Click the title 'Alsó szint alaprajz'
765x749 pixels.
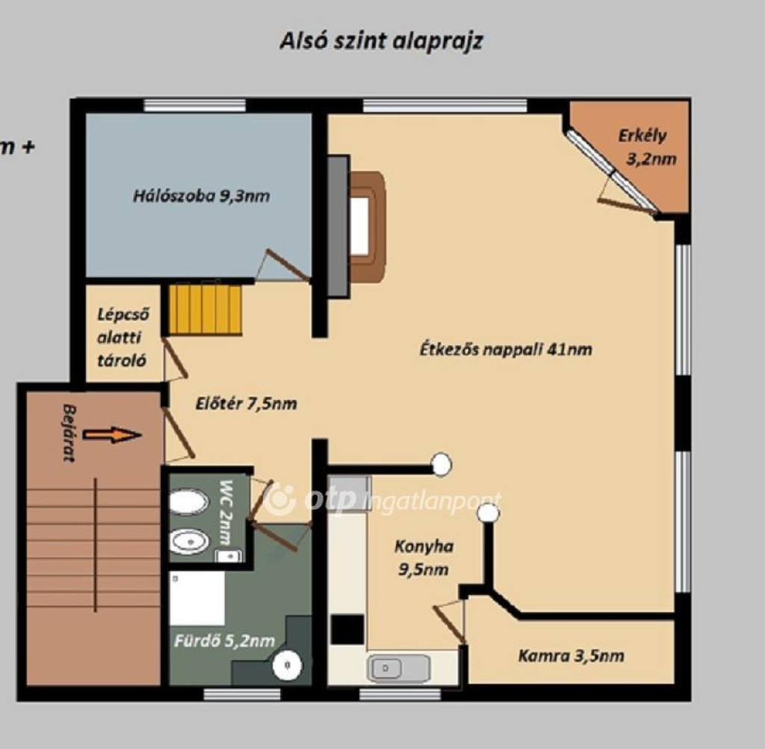(x=382, y=42)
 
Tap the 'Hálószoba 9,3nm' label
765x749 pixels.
(x=202, y=197)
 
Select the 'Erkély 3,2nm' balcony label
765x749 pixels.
(x=647, y=147)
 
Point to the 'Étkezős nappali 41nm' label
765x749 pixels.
(x=506, y=350)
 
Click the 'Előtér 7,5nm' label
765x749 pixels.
(x=246, y=404)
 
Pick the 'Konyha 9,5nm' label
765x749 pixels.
(x=424, y=558)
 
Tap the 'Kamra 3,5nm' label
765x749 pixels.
(x=571, y=656)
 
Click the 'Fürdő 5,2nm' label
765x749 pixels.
(x=224, y=641)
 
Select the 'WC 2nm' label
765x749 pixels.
(x=226, y=512)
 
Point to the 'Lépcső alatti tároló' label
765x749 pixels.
(x=123, y=337)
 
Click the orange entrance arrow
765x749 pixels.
(x=112, y=434)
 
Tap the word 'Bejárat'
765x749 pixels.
(x=69, y=433)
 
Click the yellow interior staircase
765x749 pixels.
(x=205, y=309)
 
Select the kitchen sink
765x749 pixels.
(x=399, y=668)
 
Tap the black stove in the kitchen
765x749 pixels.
(x=347, y=629)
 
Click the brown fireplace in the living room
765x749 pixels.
(x=368, y=226)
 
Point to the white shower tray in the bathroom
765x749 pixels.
(x=197, y=599)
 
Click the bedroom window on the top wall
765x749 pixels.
(x=195, y=105)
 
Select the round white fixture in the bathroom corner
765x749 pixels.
(x=287, y=665)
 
